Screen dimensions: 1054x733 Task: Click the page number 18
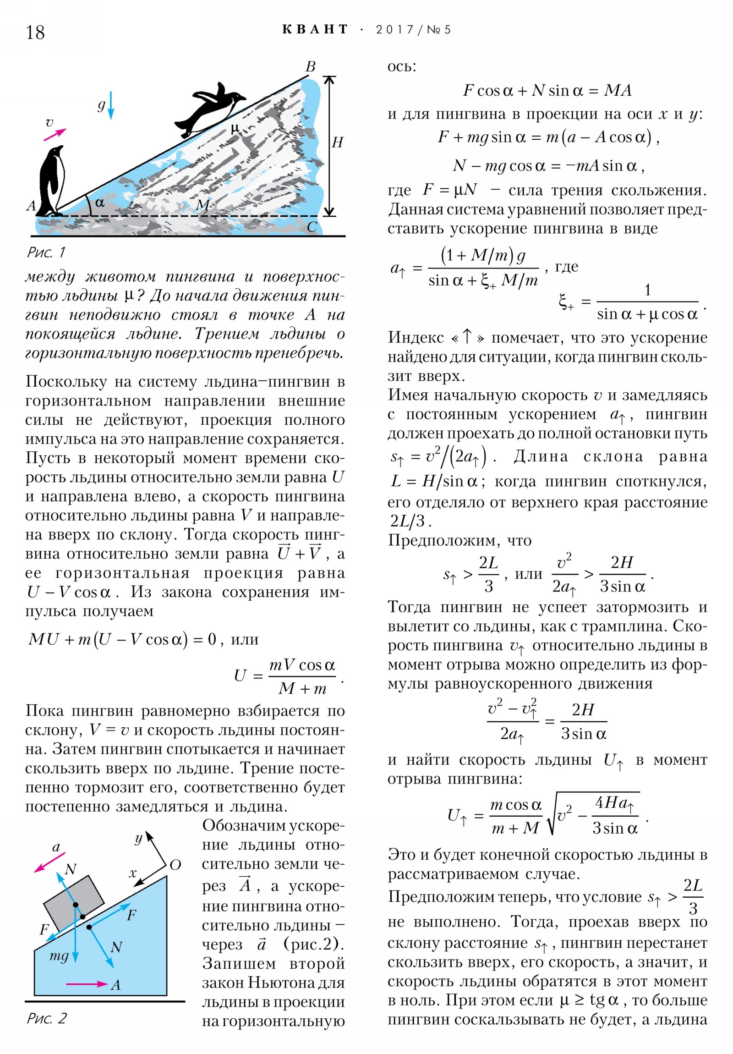35,32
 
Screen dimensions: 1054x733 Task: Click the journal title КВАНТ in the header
315,29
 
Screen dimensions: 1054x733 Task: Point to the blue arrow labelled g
110,105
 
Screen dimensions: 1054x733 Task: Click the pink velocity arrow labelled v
55,134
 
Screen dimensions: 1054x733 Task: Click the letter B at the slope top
311,66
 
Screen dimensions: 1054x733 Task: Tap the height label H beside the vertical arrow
337,143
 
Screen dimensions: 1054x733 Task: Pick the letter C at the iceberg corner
312,227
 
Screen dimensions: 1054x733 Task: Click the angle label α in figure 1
99,202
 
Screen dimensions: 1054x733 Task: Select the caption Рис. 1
46,252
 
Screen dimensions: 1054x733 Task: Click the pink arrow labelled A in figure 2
87,983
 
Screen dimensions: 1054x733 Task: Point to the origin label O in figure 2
175,865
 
